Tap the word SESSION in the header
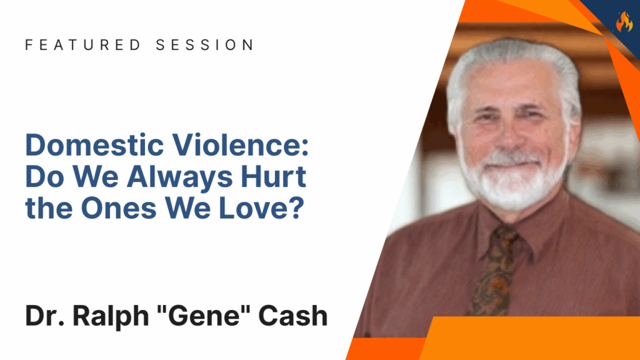point(205,45)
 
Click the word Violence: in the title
point(241,145)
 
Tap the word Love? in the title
point(262,208)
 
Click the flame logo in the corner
point(624,21)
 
